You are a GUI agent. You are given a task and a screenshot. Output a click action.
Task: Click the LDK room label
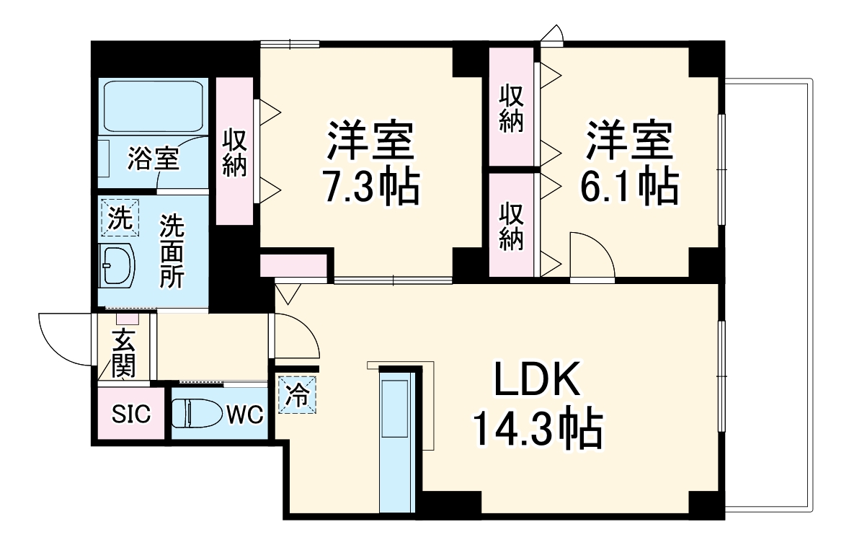point(537,379)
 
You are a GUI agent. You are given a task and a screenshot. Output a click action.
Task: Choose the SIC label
point(130,415)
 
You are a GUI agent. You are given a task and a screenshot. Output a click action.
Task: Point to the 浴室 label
point(152,158)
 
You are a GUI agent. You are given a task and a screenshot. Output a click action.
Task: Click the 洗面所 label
point(172,251)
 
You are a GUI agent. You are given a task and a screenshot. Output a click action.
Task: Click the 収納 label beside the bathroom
point(234,152)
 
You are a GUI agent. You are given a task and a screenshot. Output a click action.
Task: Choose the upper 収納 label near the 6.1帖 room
point(511,108)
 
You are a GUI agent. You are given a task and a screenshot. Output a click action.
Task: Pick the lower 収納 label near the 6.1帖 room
point(511,226)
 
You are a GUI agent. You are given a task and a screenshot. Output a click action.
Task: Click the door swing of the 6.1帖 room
point(590,254)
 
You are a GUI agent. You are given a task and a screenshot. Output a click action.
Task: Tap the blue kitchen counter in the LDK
point(396,440)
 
